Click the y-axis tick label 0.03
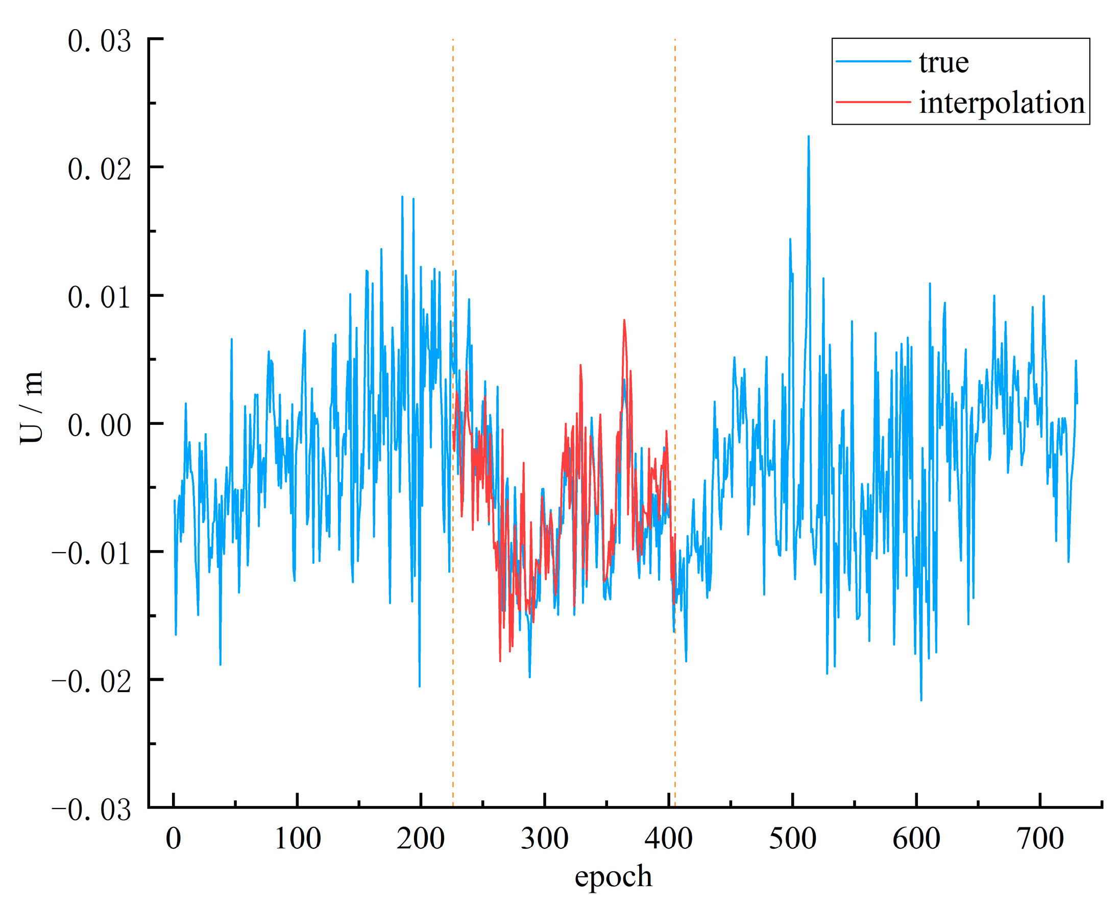pyautogui.click(x=99, y=42)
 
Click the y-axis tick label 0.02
pyautogui.click(x=99, y=170)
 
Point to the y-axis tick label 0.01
pyautogui.click(x=99, y=298)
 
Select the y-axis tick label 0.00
pyautogui.click(x=99, y=426)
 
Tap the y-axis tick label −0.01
pyautogui.click(x=91, y=554)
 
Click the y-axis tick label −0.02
pyautogui.click(x=91, y=682)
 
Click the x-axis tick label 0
pyautogui.click(x=174, y=840)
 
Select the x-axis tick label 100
pyautogui.click(x=297, y=840)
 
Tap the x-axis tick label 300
pyautogui.click(x=544, y=840)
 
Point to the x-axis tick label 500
pyautogui.click(x=792, y=840)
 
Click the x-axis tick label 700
pyautogui.click(x=1040, y=840)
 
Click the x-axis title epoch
pyautogui.click(x=613, y=877)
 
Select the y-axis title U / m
pyautogui.click(x=31, y=408)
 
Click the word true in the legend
pyautogui.click(x=943, y=62)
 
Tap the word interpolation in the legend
pyautogui.click(x=1002, y=103)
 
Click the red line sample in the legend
pyautogui.click(x=873, y=102)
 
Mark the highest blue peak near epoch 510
pyautogui.click(x=808, y=137)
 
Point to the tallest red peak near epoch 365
pyautogui.click(x=623, y=320)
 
